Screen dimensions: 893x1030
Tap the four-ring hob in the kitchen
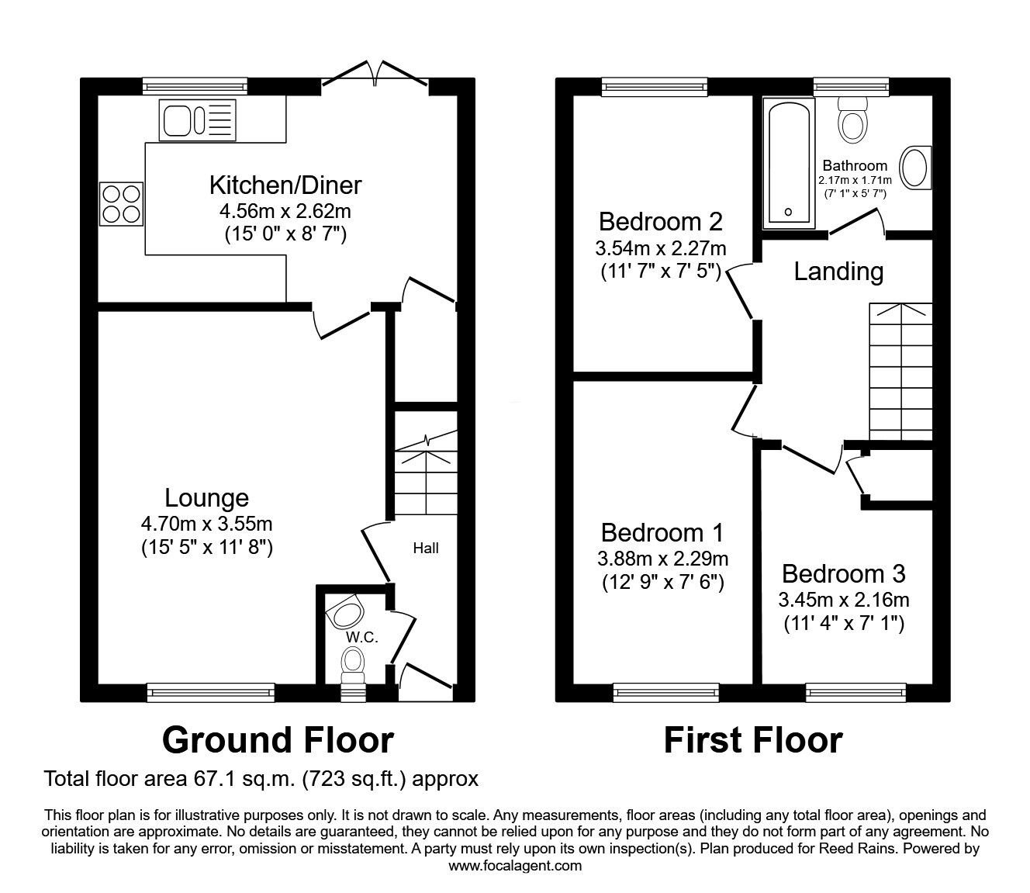tap(121, 202)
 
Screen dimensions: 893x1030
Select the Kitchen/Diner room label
tap(285, 185)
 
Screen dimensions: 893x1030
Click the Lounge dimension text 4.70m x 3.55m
tap(206, 524)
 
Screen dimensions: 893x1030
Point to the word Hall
tap(425, 549)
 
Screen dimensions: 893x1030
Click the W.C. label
tap(361, 637)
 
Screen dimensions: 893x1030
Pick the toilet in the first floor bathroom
tap(852, 122)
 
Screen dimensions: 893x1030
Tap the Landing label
tap(838, 271)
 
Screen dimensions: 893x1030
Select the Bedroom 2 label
tap(661, 222)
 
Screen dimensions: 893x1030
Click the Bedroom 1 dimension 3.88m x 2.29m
tap(662, 559)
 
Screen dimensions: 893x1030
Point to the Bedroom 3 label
tap(843, 574)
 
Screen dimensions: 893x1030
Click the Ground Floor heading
tap(278, 740)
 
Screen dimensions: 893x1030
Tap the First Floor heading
tap(752, 740)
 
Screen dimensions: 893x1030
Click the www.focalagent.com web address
tap(515, 866)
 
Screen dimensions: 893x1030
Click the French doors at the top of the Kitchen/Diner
tap(375, 75)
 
